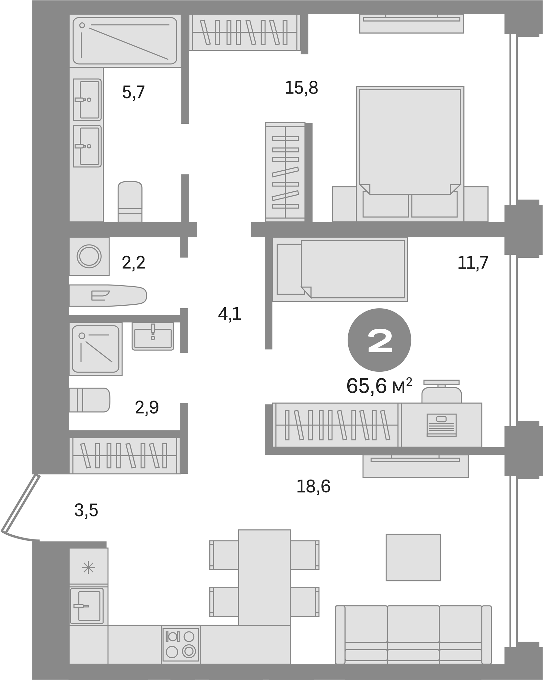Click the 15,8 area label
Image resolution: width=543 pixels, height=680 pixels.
tap(301, 88)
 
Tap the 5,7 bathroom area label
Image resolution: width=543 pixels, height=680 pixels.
tap(133, 92)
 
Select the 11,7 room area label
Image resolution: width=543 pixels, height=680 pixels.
tap(472, 263)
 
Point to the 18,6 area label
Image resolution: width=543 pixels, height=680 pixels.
tap(313, 486)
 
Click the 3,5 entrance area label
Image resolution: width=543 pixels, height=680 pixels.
tap(86, 511)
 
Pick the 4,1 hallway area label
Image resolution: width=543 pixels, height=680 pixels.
tap(230, 314)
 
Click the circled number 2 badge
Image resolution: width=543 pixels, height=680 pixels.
tap(379, 340)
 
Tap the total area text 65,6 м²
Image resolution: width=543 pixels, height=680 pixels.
tap(379, 386)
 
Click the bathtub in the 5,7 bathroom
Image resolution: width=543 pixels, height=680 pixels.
tap(125, 41)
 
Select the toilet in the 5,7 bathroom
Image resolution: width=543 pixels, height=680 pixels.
tap(130, 201)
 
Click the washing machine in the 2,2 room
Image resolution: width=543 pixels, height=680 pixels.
tap(89, 256)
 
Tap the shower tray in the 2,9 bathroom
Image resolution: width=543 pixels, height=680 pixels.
tap(96, 349)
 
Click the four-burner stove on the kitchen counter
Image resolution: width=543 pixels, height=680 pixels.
tap(181, 644)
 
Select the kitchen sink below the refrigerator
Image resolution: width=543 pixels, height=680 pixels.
tap(87, 606)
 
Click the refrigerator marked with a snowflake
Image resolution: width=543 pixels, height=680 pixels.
tap(88, 568)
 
